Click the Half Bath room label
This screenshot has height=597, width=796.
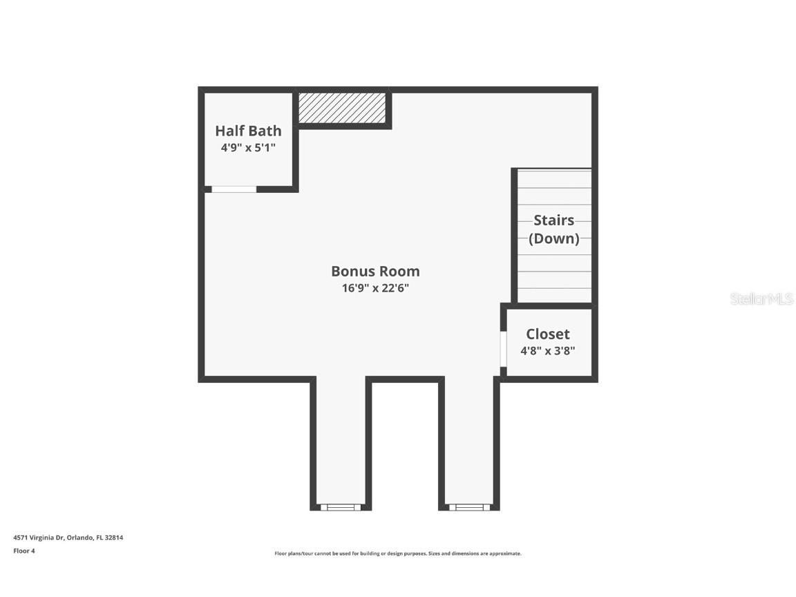pos(248,131)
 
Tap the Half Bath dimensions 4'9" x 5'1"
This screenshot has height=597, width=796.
pos(248,147)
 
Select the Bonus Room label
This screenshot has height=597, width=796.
pos(375,272)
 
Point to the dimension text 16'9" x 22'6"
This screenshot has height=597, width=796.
pos(375,288)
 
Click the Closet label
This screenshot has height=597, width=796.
pos(548,334)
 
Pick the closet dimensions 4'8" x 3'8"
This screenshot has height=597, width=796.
pos(548,350)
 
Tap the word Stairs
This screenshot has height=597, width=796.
pos(553,220)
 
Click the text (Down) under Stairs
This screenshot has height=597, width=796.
pos(553,239)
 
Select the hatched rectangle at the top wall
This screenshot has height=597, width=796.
pos(342,108)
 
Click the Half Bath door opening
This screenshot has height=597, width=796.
pos(234,189)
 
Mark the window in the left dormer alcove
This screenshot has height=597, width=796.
pos(341,507)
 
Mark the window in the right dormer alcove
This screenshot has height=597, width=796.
pos(469,507)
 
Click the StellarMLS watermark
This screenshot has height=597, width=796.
pos(762,299)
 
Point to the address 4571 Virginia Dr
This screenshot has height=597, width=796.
pos(39,538)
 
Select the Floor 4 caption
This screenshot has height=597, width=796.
pos(23,551)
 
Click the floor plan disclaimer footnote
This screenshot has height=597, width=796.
pos(398,553)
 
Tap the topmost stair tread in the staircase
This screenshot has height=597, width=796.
pos(554,178)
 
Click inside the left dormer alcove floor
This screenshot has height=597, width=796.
pos(341,442)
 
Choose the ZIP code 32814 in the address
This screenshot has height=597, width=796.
pos(114,538)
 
